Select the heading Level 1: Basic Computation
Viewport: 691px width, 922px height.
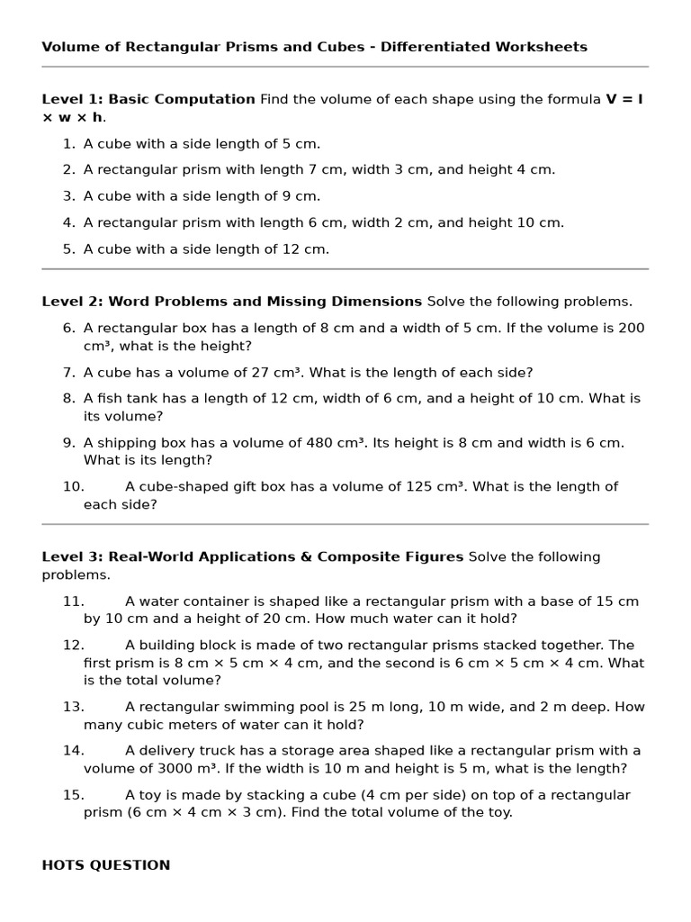(x=148, y=99)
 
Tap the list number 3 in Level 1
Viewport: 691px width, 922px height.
(x=69, y=196)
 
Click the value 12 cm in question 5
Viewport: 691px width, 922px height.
(x=304, y=249)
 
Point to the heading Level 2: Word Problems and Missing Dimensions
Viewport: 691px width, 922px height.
(x=231, y=302)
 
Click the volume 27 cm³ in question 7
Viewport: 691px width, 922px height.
(x=271, y=373)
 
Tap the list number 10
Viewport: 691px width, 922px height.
(x=73, y=487)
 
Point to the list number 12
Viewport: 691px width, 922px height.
(x=73, y=646)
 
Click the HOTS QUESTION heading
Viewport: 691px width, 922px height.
(x=105, y=865)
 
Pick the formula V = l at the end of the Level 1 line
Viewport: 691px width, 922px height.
(x=624, y=99)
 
